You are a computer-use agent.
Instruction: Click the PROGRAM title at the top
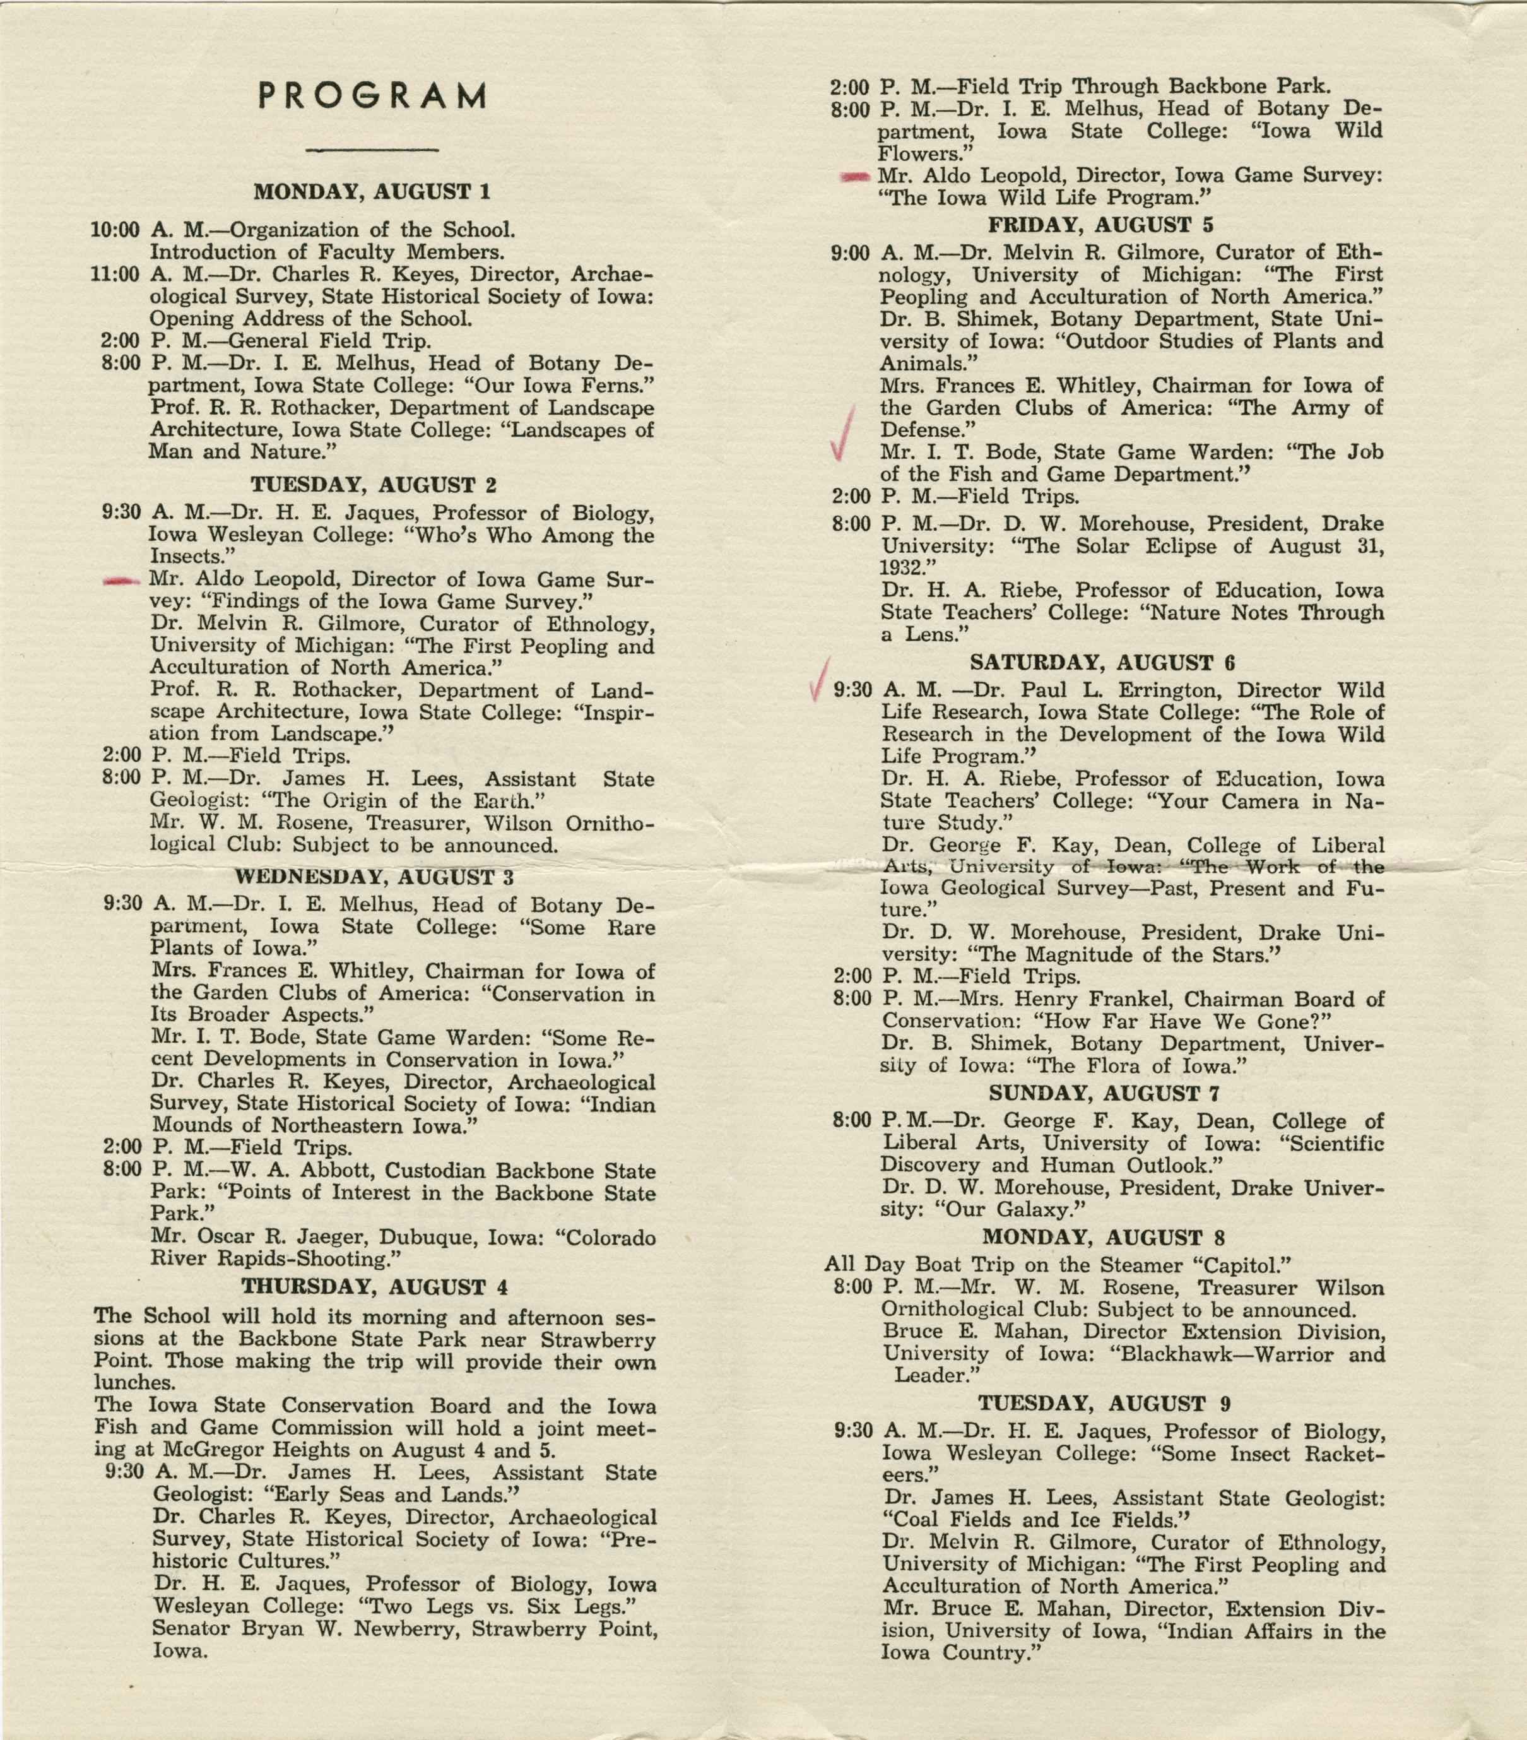372,96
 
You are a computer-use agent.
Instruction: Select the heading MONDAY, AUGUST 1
372,191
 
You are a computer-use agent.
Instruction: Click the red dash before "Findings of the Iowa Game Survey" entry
121,581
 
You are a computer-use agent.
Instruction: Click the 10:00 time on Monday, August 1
115,230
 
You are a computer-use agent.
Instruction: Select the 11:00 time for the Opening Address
115,274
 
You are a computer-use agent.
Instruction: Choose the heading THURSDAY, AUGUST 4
375,1286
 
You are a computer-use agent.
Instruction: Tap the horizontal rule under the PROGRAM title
372,151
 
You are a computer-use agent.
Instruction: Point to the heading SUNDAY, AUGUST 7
1102,1093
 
